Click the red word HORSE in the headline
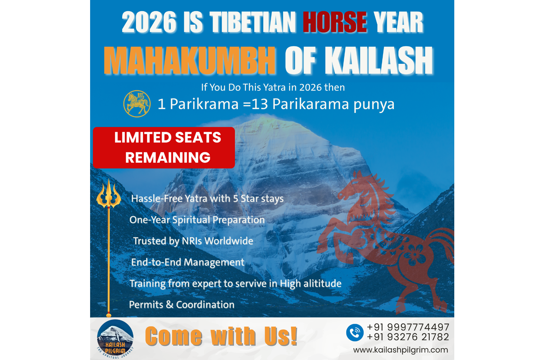(x=334, y=22)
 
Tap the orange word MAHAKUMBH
(x=189, y=60)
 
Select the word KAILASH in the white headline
(x=379, y=60)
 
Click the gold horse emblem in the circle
(x=137, y=104)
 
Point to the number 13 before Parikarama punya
(x=260, y=104)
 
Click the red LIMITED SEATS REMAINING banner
(x=164, y=148)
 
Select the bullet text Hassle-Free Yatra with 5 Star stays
(x=207, y=199)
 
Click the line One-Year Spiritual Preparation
(x=197, y=220)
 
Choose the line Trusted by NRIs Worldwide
(x=193, y=241)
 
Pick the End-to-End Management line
(x=188, y=262)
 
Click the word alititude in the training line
(x=322, y=283)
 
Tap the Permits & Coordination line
(x=182, y=305)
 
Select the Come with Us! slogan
(x=221, y=336)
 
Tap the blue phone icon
(x=355, y=333)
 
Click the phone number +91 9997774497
(x=408, y=327)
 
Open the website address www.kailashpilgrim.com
(x=400, y=350)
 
